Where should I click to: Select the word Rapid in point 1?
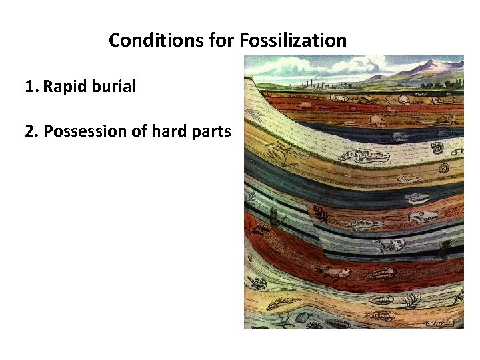(x=69, y=87)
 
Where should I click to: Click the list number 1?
(x=30, y=87)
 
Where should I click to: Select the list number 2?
(x=30, y=131)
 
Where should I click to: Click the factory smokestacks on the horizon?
(x=311, y=83)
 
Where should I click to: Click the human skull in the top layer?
(x=403, y=101)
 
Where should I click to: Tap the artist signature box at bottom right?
(x=439, y=323)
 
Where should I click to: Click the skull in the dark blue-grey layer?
(x=400, y=137)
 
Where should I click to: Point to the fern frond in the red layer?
(x=262, y=231)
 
